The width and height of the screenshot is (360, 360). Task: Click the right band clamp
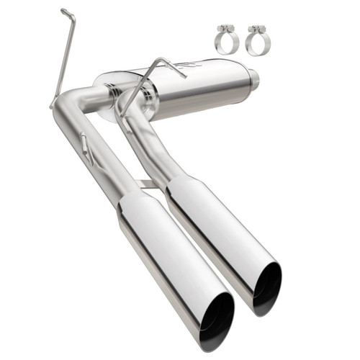point(255,42)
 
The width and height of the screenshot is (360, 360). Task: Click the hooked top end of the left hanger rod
point(67,13)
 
